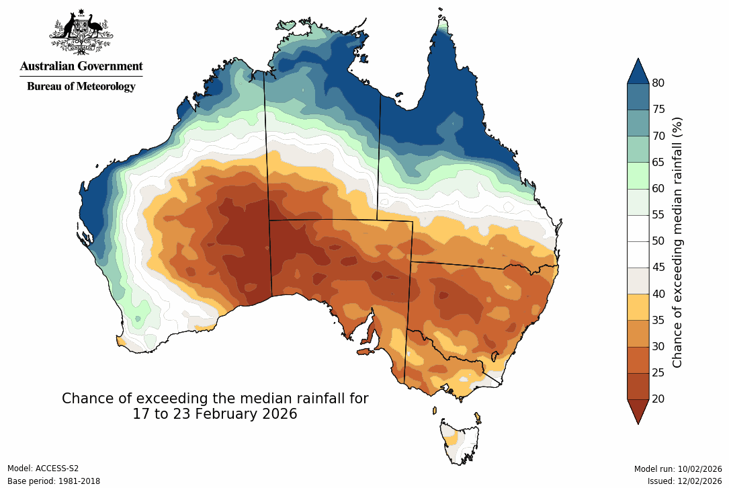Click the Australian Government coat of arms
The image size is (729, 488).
point(81,32)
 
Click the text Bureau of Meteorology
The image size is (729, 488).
point(81,86)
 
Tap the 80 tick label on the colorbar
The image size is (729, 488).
point(658,83)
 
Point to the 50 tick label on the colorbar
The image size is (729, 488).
point(658,241)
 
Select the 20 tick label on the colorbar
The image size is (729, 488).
point(658,399)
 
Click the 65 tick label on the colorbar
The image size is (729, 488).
point(658,162)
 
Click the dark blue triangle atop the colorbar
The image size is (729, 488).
point(638,71)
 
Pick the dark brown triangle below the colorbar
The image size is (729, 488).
point(638,411)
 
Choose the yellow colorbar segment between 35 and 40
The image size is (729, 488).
point(638,307)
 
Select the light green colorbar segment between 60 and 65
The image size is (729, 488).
point(638,175)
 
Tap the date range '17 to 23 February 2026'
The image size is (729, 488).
point(215,414)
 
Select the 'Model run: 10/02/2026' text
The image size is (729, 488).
point(678,469)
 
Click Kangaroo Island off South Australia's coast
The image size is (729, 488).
point(365,351)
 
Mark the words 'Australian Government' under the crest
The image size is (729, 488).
point(81,67)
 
